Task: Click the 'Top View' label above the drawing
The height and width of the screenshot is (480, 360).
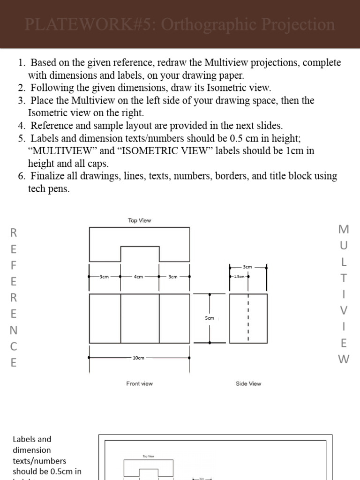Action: coord(139,220)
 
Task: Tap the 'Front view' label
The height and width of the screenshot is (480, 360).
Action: coord(139,383)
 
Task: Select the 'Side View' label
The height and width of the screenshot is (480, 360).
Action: coord(248,383)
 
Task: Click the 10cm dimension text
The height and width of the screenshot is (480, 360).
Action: coord(138,358)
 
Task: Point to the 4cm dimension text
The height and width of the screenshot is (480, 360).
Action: coord(138,277)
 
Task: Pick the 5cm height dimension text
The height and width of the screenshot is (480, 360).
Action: coord(210,318)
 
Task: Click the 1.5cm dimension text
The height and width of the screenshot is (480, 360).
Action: coord(239,277)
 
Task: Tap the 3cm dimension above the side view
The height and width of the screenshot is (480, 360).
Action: coord(248,267)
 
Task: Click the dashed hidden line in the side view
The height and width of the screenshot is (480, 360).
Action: coord(248,318)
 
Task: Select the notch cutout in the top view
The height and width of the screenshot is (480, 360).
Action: coord(140,254)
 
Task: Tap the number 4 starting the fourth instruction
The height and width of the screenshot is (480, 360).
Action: coord(21,126)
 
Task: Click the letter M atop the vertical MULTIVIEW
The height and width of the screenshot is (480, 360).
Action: coord(344,229)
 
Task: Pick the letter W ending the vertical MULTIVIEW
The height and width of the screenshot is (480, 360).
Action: coord(344,359)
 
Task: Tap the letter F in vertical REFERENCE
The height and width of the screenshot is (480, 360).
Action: coord(14,265)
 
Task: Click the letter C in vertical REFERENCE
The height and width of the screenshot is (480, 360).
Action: coord(14,346)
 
